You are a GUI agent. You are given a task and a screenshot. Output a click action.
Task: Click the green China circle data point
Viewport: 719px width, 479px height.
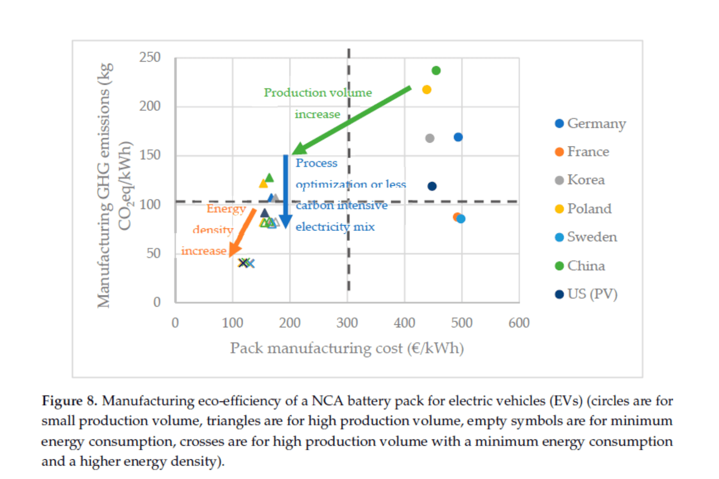click(436, 71)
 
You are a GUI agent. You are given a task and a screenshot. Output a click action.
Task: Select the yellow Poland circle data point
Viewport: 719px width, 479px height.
click(426, 89)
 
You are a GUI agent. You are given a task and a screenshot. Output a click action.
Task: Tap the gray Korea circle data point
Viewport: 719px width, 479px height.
click(429, 138)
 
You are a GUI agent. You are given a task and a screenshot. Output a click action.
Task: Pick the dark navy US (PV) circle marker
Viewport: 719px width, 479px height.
click(432, 186)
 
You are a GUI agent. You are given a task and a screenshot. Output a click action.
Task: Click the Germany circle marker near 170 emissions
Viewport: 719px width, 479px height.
click(458, 137)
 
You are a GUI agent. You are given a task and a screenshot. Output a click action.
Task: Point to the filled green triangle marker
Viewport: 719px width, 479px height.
click(269, 178)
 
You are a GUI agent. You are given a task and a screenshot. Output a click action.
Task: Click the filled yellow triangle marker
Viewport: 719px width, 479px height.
click(263, 183)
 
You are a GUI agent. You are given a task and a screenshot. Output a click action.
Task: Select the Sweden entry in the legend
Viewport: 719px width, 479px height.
click(586, 237)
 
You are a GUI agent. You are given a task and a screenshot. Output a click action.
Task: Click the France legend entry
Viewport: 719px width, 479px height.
click(582, 152)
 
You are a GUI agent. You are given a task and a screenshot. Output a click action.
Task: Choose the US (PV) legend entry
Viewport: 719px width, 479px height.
click(587, 294)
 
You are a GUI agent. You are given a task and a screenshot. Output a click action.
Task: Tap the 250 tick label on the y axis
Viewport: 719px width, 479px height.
click(150, 57)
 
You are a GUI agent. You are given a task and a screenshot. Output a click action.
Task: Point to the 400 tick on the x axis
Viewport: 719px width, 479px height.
click(404, 323)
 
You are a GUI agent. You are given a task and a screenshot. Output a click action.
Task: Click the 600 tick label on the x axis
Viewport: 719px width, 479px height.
click(519, 323)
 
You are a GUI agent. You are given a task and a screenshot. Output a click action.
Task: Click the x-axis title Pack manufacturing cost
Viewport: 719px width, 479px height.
click(346, 348)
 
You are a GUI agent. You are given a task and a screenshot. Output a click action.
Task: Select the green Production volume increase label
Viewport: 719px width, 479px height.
click(318, 93)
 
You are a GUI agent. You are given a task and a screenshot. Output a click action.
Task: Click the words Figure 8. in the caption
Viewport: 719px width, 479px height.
click(69, 401)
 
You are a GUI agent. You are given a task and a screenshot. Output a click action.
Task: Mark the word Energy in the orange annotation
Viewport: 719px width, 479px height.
click(226, 209)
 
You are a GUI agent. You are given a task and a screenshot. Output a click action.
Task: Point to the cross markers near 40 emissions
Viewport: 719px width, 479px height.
click(246, 263)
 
